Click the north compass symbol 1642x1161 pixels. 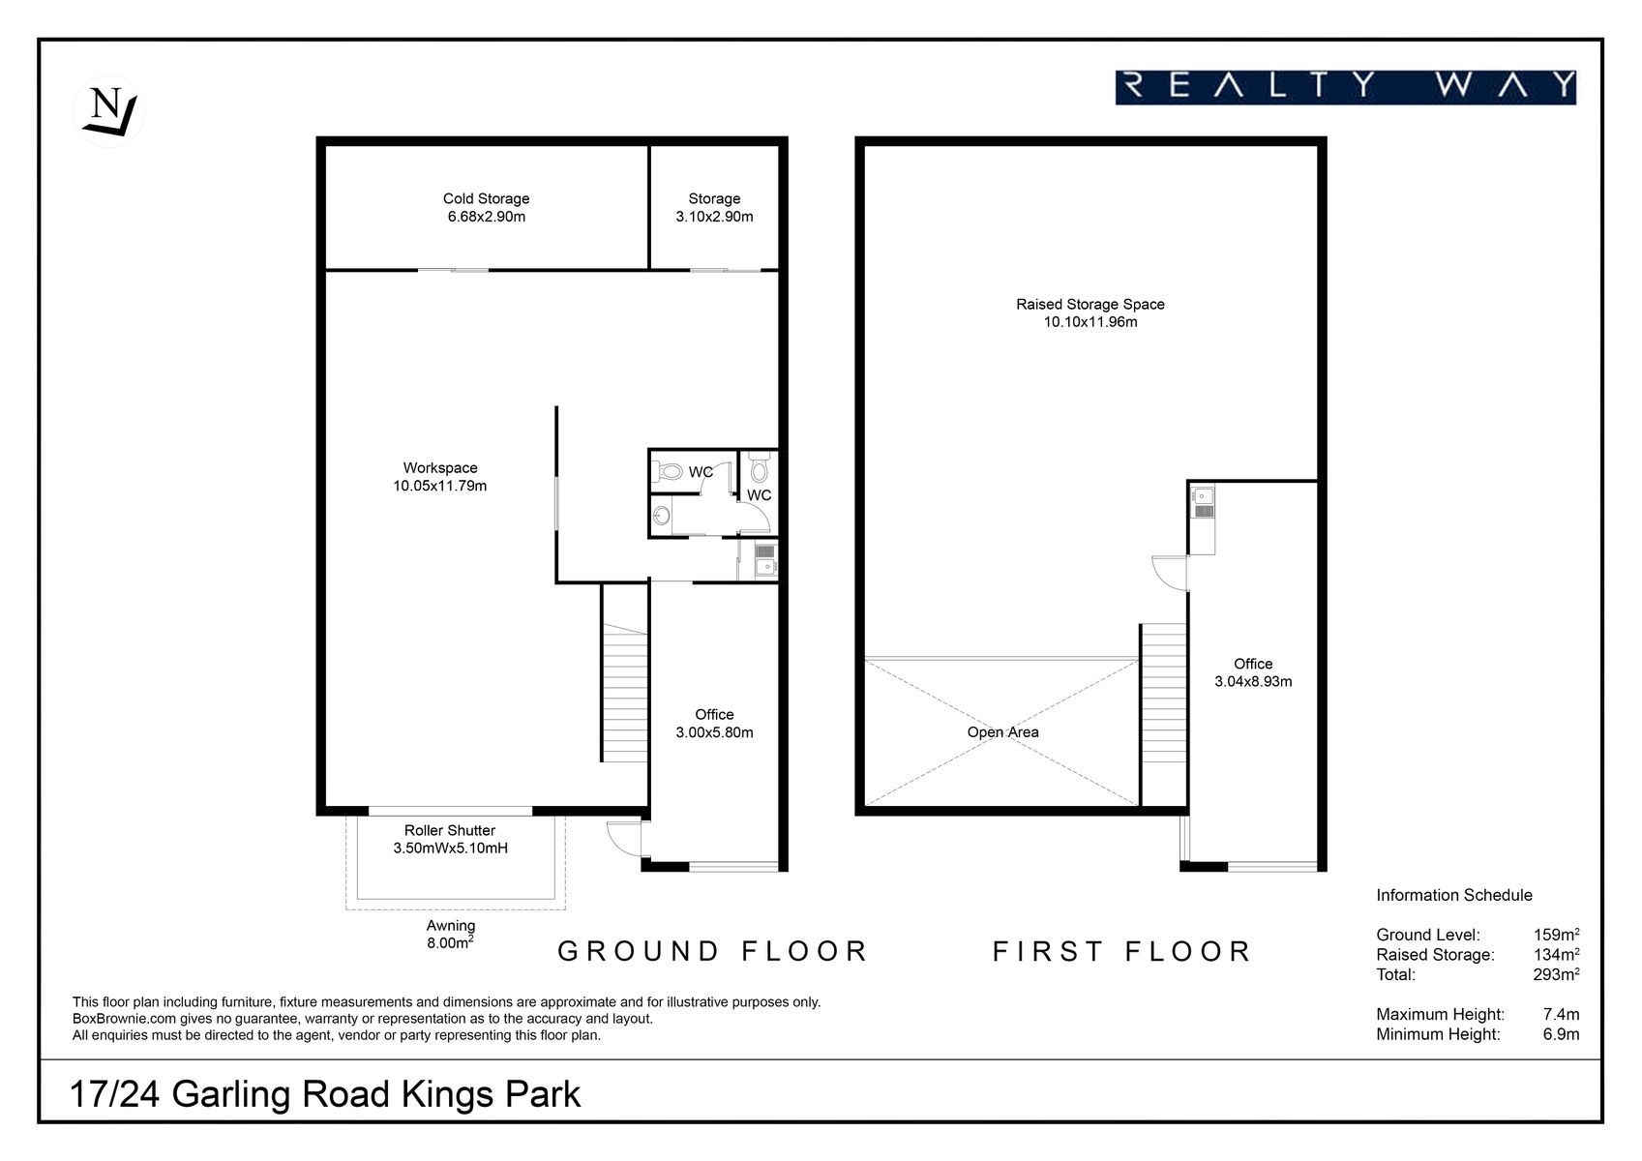click(109, 111)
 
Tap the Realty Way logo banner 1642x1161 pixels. click(1345, 88)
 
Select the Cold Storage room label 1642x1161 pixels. click(486, 198)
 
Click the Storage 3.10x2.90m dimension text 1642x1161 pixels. click(714, 216)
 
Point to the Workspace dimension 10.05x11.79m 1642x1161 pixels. click(440, 486)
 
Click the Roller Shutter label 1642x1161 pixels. click(450, 830)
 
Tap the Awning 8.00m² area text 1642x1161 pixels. click(451, 935)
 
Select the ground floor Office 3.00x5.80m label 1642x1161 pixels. click(714, 724)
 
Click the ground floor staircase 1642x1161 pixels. click(624, 693)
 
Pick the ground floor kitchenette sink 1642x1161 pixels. click(765, 566)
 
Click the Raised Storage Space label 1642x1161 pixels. click(1090, 304)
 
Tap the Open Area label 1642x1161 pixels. click(1002, 732)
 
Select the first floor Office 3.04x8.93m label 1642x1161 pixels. click(1253, 672)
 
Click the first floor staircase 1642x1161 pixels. click(1164, 693)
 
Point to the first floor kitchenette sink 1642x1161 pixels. click(1202, 495)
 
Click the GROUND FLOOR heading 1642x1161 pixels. click(712, 951)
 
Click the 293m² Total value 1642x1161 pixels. click(1556, 974)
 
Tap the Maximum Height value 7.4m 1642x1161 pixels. click(1562, 1014)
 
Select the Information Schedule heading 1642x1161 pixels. click(1454, 895)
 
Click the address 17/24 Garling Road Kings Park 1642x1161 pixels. click(325, 1093)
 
